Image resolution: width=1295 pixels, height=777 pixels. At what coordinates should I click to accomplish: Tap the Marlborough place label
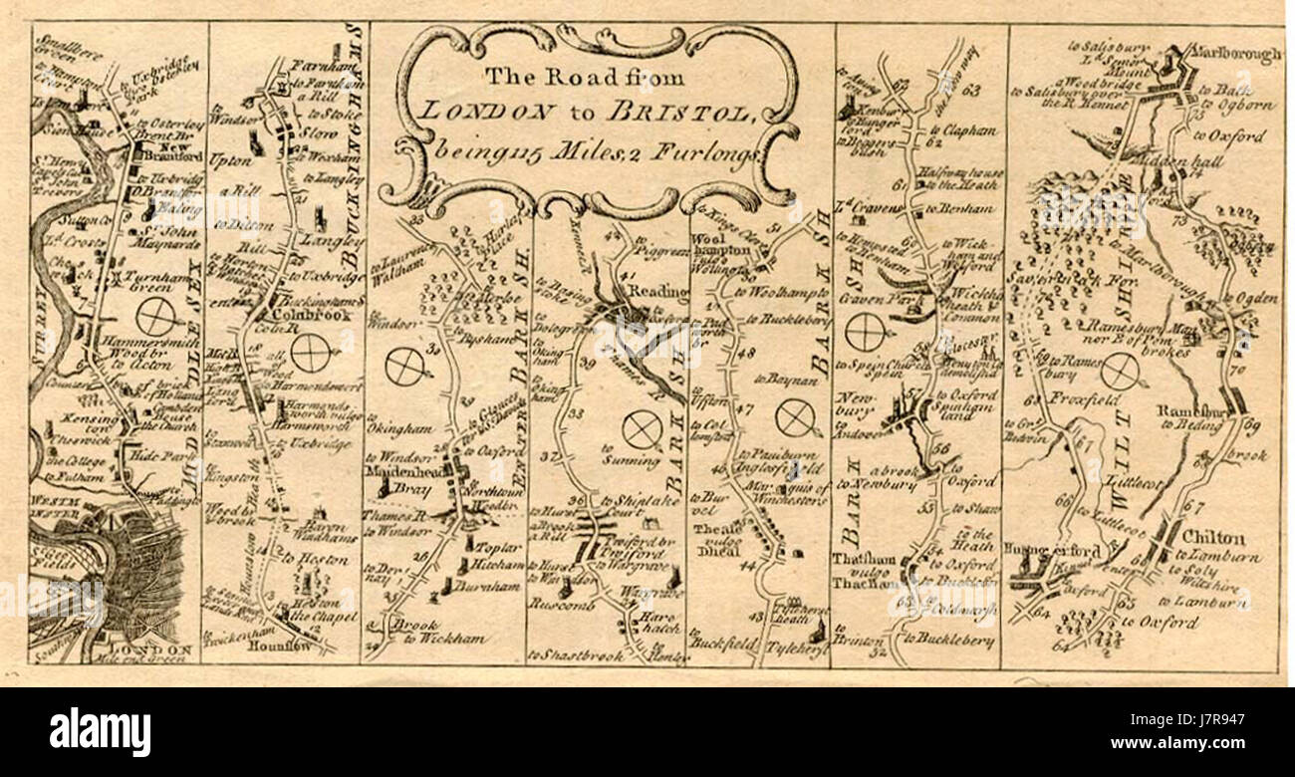(1235, 56)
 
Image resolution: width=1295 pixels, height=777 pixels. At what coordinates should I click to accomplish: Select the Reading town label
(658, 291)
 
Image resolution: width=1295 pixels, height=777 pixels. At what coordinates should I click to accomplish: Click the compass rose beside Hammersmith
(156, 317)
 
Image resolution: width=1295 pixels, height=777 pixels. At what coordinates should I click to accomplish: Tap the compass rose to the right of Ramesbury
(1120, 372)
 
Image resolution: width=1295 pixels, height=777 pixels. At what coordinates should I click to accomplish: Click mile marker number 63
(972, 92)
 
